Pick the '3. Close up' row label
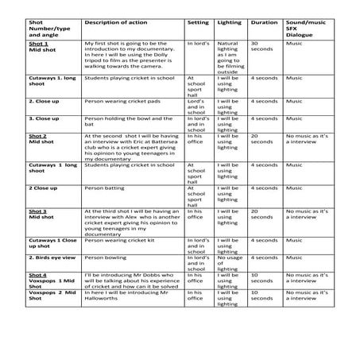45,118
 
